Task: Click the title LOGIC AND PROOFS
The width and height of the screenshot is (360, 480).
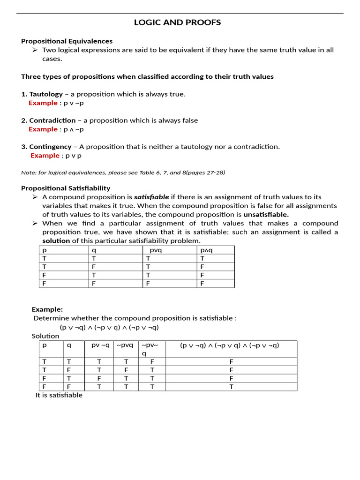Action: [x=177, y=22]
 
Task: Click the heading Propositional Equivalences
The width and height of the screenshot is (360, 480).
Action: [x=67, y=41]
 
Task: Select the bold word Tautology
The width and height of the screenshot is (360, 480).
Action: [x=46, y=94]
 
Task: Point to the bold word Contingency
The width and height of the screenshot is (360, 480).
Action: [x=50, y=147]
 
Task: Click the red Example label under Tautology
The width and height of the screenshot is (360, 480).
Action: [x=43, y=103]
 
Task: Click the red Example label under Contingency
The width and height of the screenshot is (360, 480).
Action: [x=45, y=156]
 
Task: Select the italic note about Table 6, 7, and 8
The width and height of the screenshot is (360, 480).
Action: [x=123, y=172]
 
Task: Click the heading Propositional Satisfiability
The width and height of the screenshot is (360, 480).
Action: [x=66, y=188]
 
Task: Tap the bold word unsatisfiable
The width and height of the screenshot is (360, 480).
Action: [x=266, y=215]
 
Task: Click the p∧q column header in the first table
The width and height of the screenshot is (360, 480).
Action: [x=206, y=250]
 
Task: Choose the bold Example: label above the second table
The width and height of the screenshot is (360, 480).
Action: [x=47, y=309]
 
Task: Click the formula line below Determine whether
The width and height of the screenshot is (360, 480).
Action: [x=109, y=327]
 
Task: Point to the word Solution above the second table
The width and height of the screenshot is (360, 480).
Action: [x=45, y=336]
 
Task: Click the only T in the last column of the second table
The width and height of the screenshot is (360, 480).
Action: [x=231, y=387]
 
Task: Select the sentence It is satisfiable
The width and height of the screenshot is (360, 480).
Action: [x=59, y=395]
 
